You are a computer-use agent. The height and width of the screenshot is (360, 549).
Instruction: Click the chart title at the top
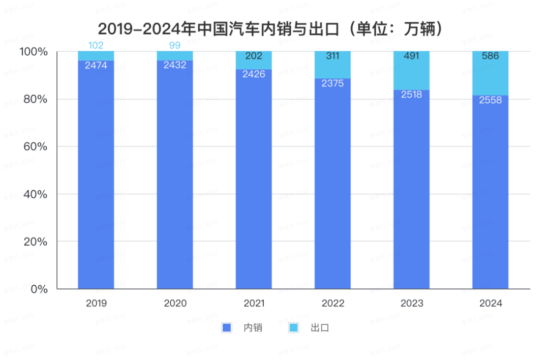click(x=274, y=28)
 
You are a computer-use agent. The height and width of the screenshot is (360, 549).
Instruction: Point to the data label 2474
click(x=96, y=65)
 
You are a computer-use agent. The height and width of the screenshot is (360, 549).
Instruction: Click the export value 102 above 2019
click(x=96, y=45)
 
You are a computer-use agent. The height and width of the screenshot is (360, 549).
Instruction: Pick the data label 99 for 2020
click(x=175, y=45)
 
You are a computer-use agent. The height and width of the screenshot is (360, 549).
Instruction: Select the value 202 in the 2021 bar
click(x=254, y=56)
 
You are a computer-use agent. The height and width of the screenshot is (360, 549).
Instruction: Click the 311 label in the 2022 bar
click(x=332, y=56)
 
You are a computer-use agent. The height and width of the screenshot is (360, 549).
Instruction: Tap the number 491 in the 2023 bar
click(x=411, y=56)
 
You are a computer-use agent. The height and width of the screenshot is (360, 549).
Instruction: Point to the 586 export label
click(x=490, y=56)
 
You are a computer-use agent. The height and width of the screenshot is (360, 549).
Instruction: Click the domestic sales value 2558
click(x=490, y=100)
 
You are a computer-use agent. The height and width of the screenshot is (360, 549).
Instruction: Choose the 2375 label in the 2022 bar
click(x=332, y=83)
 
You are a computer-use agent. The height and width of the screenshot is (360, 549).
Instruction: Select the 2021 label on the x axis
click(x=254, y=304)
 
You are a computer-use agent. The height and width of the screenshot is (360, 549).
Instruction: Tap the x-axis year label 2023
click(x=411, y=304)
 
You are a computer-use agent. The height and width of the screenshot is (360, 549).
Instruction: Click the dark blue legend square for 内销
click(x=227, y=327)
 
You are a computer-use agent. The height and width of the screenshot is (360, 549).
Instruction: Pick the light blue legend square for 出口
click(x=293, y=327)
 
